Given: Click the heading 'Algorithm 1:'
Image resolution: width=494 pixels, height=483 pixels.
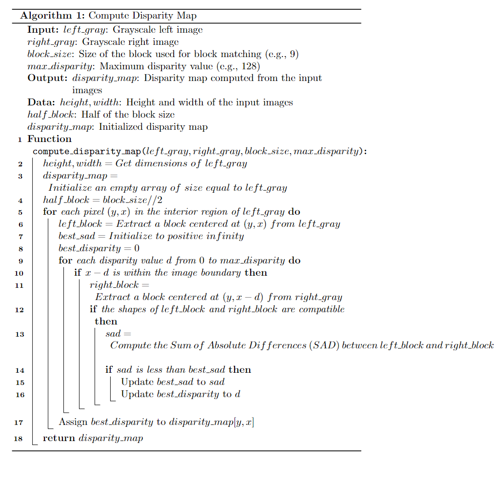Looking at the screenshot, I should point(52,16).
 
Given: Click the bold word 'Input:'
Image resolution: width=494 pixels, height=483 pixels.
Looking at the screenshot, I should point(43,30).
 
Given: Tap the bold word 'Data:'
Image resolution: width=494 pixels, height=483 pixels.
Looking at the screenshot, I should point(41,102).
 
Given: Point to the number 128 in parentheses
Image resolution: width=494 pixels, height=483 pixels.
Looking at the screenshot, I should point(251,66).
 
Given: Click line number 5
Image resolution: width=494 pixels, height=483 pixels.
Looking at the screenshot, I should point(20,212).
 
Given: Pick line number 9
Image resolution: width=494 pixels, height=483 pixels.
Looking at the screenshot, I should point(20,261).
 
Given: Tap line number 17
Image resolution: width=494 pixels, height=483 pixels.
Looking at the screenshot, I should point(19,423).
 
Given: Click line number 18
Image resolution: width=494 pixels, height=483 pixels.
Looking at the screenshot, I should point(19,439).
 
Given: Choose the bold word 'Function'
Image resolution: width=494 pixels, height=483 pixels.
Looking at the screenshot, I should point(49,139).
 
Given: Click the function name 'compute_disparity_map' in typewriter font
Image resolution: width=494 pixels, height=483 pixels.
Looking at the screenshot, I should point(87,151).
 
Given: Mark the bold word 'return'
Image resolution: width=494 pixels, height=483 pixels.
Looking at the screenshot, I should point(59,438).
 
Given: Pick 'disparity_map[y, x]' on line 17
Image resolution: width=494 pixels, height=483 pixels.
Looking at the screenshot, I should point(211,423).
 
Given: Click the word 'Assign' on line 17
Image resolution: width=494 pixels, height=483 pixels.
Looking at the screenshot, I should point(73,423).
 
